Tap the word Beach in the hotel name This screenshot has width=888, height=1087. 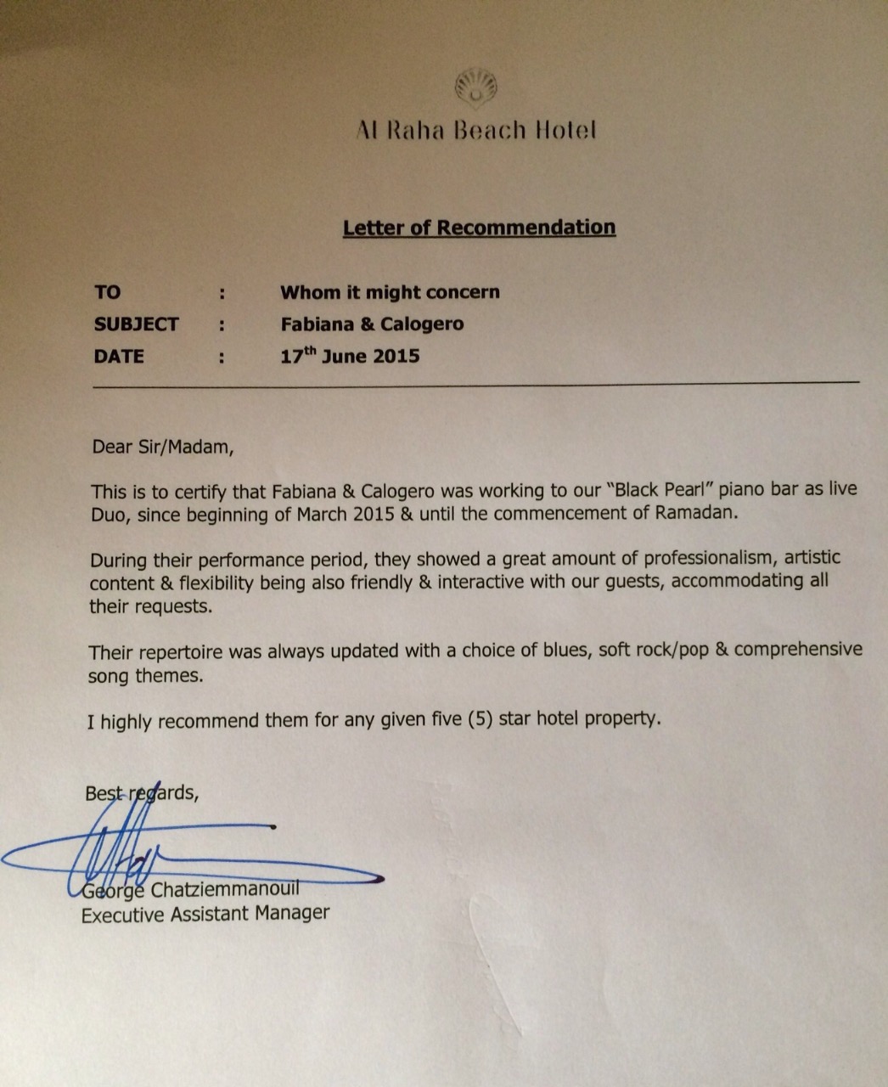point(490,131)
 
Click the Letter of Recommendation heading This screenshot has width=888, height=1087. point(479,228)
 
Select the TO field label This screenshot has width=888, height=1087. point(108,292)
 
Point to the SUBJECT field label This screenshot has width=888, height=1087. point(136,324)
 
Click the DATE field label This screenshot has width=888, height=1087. point(119,357)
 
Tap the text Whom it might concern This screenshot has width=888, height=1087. point(390,292)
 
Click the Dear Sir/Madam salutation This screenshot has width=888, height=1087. point(161,447)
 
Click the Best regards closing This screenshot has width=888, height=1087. point(142,793)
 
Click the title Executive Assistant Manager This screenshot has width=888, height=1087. point(205,914)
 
